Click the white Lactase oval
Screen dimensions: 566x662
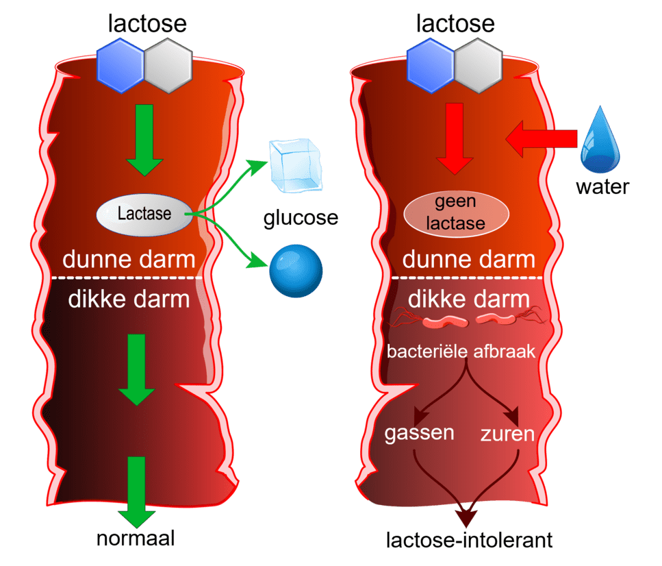tap(144, 214)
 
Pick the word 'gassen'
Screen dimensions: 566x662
tap(420, 433)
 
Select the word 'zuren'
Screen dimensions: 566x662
tap(507, 434)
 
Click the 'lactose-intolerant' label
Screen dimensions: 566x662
tap(470, 539)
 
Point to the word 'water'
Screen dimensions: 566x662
tap(602, 186)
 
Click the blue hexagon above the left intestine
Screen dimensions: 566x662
tap(120, 65)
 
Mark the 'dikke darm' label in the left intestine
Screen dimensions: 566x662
tap(129, 300)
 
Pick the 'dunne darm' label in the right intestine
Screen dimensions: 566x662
tap(468, 260)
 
